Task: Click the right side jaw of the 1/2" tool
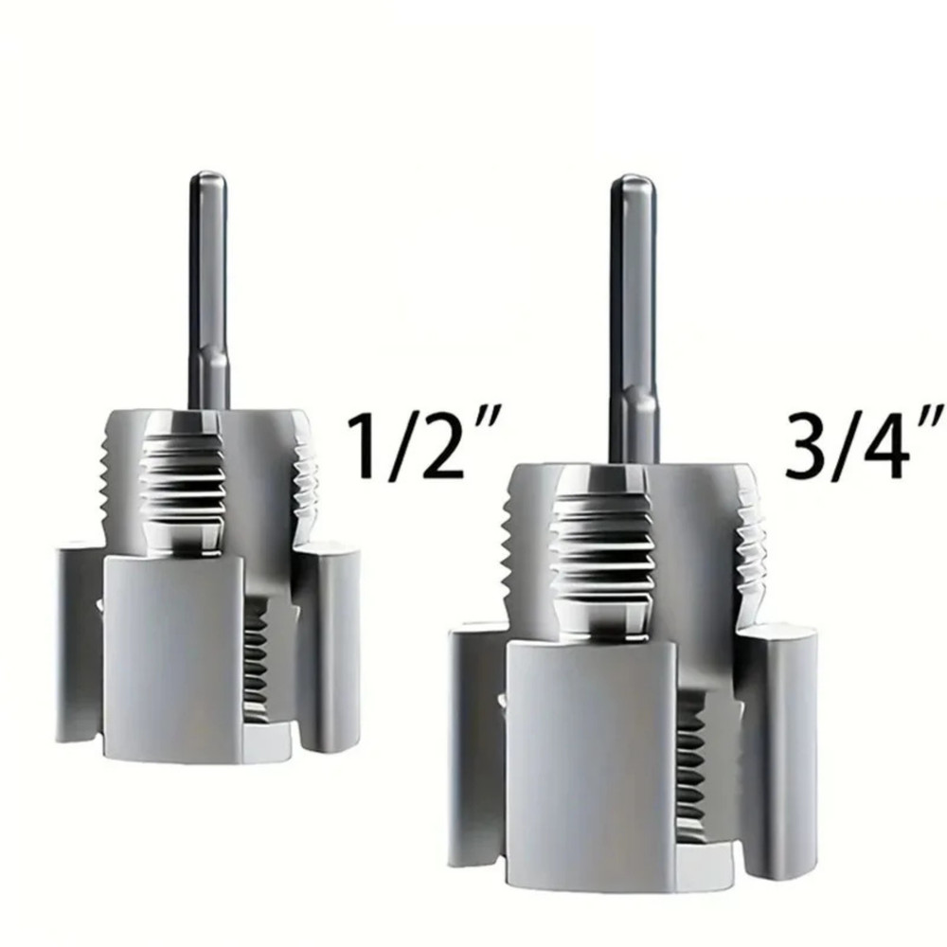point(330,644)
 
